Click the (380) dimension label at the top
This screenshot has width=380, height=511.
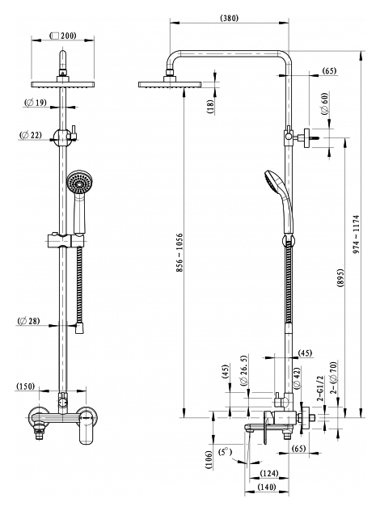(x=230, y=18)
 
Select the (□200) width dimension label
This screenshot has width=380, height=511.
(x=62, y=36)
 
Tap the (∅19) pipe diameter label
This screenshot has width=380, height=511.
(x=36, y=103)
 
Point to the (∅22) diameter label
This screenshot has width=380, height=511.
(x=31, y=135)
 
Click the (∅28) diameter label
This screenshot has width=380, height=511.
(x=28, y=321)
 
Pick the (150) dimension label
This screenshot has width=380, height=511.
(x=25, y=386)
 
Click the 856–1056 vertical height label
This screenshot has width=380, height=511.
(x=179, y=252)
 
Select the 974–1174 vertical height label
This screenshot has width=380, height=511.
(x=356, y=234)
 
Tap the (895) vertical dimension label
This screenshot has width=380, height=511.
(x=340, y=278)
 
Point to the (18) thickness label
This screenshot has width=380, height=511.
(x=210, y=107)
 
